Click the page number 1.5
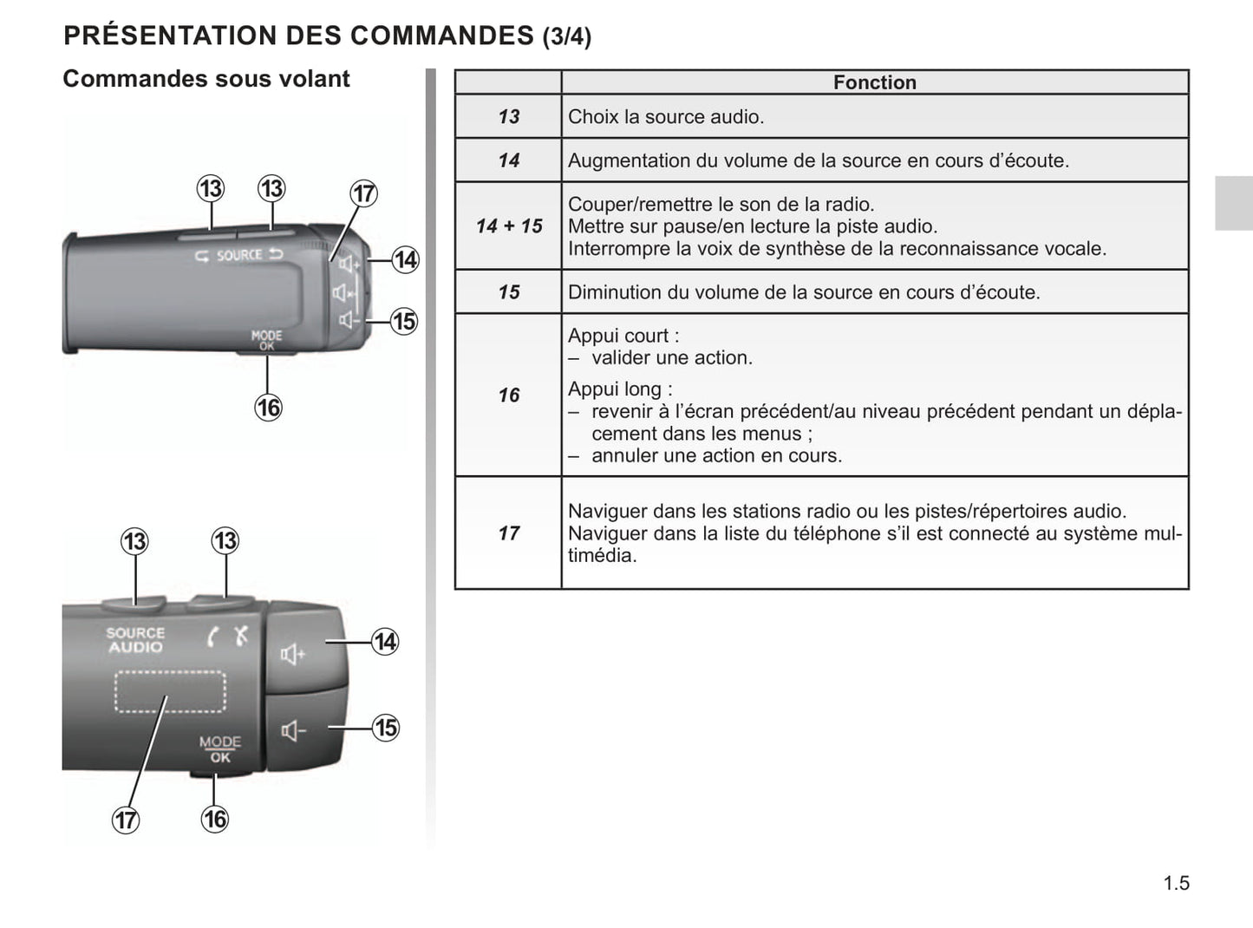click(x=1176, y=883)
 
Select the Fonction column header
click(x=875, y=82)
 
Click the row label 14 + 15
click(x=508, y=226)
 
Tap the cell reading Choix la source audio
click(x=665, y=116)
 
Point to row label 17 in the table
click(x=508, y=533)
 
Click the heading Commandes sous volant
click(x=206, y=79)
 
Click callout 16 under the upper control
click(x=268, y=408)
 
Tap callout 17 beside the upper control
click(x=363, y=193)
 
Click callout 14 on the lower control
click(x=385, y=642)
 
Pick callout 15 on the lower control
click(x=386, y=728)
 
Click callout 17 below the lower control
click(x=126, y=820)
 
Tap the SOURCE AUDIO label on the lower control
click(x=135, y=640)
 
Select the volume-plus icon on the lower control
click(x=293, y=655)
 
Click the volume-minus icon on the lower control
click(x=293, y=731)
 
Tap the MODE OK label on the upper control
click(x=267, y=340)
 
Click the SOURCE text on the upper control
click(x=239, y=256)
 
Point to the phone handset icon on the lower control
click(x=212, y=637)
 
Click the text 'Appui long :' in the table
click(x=620, y=389)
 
